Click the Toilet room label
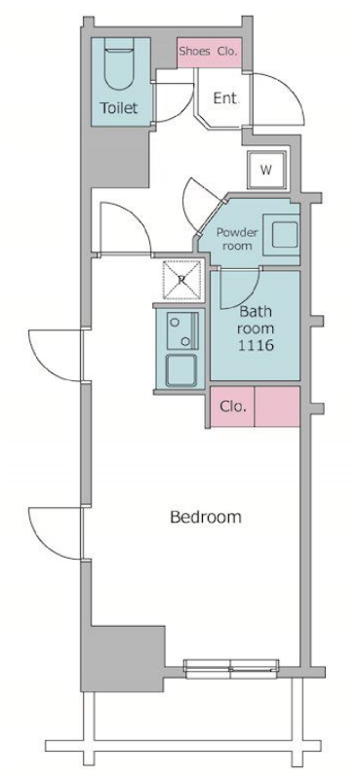click(x=119, y=108)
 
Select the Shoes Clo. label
click(x=208, y=52)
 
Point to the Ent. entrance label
click(x=226, y=98)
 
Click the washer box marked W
click(x=267, y=170)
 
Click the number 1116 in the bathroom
click(x=256, y=345)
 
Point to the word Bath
click(x=256, y=312)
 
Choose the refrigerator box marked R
click(x=182, y=280)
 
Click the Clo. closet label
click(x=232, y=407)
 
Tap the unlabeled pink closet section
click(x=277, y=407)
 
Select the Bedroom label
click(x=206, y=518)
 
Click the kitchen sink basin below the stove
click(x=181, y=370)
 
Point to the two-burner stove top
click(x=182, y=331)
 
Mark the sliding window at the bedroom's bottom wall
click(x=231, y=669)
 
